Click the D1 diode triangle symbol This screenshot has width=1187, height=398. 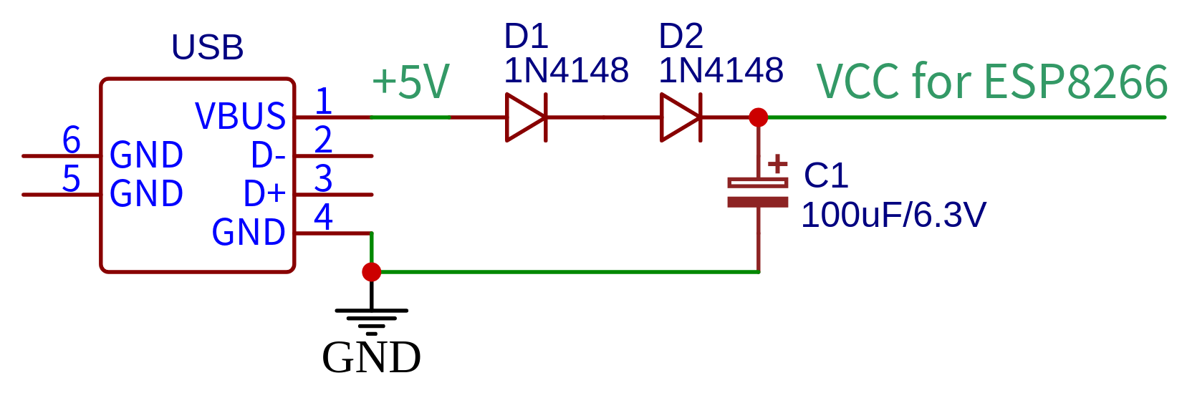pyautogui.click(x=525, y=117)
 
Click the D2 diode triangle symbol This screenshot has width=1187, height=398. pyautogui.click(x=680, y=117)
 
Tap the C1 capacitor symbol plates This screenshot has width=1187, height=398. pyautogui.click(x=758, y=193)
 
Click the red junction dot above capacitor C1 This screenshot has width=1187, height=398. pyautogui.click(x=758, y=117)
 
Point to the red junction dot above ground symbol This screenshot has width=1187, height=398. pyautogui.click(x=371, y=272)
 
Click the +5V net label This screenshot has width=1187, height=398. pyautogui.click(x=410, y=81)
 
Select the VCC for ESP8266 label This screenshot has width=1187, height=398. pyautogui.click(x=992, y=81)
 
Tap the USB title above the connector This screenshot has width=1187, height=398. pyautogui.click(x=208, y=48)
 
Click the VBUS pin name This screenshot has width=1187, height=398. pyautogui.click(x=240, y=116)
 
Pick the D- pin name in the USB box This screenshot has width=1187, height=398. pyautogui.click(x=268, y=155)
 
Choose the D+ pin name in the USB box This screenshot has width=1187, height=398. pyautogui.click(x=264, y=193)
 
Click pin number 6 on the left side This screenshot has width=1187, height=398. pyautogui.click(x=71, y=140)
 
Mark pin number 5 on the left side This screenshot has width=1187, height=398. pyautogui.click(x=71, y=178)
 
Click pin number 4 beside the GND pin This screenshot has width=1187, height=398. pyautogui.click(x=323, y=217)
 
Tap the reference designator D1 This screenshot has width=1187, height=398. pyautogui.click(x=526, y=36)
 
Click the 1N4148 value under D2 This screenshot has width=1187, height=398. pyautogui.click(x=721, y=71)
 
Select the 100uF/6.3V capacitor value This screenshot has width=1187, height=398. pyautogui.click(x=893, y=215)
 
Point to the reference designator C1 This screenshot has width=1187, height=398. pyautogui.click(x=825, y=175)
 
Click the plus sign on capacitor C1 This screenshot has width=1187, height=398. pyautogui.click(x=777, y=165)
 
